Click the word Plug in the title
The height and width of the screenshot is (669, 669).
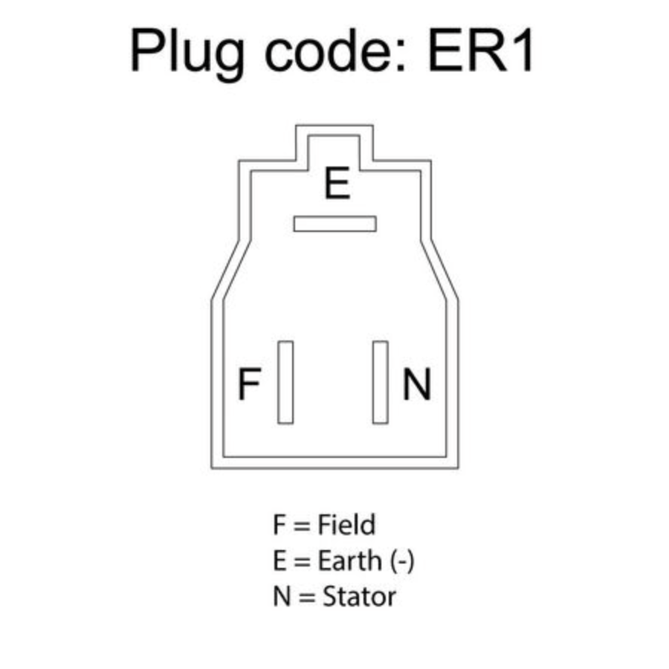click(x=187, y=53)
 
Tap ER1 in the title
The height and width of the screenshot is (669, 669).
click(x=481, y=51)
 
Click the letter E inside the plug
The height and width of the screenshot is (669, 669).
click(x=337, y=183)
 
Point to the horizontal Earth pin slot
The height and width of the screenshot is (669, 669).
click(x=335, y=224)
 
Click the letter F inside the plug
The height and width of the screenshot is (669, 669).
click(x=249, y=383)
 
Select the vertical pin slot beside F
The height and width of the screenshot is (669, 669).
click(x=285, y=382)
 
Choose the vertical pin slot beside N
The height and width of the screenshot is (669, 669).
click(x=380, y=382)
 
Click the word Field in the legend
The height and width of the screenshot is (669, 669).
click(x=346, y=524)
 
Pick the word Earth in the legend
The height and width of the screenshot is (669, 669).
click(x=350, y=560)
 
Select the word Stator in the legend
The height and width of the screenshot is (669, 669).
click(x=359, y=596)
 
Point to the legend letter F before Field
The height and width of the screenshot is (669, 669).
click(x=279, y=524)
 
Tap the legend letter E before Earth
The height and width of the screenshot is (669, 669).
click(x=279, y=560)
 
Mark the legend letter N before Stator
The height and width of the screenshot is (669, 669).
click(x=282, y=596)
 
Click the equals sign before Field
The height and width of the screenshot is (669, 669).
click(x=302, y=526)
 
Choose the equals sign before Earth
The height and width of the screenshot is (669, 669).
click(x=302, y=561)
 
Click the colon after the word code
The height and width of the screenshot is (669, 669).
click(x=400, y=54)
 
